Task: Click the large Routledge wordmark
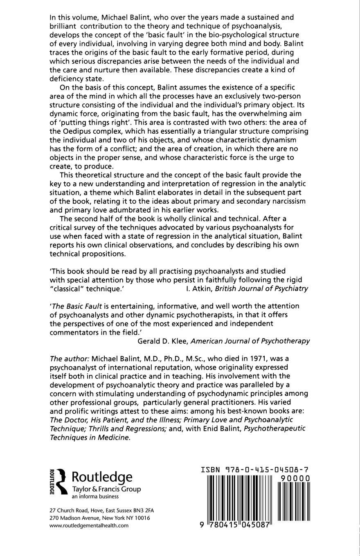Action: pos(102,477)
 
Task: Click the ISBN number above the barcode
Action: pos(255,470)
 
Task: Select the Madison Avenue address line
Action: pos(99,518)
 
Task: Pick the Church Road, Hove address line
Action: pos(101,511)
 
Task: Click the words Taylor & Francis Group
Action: pos(106,489)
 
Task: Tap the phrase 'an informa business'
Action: pos(95,497)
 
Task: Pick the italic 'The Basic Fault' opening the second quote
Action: pos(76,306)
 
